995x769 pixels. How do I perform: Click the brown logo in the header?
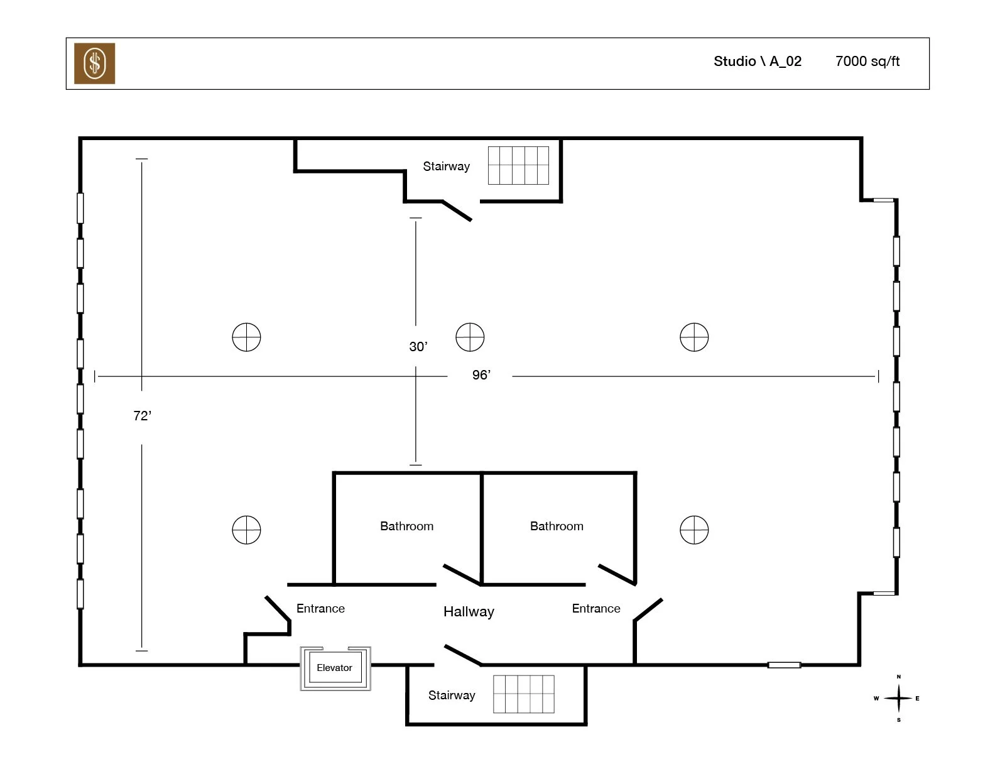(94, 63)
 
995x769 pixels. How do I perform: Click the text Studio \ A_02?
(757, 62)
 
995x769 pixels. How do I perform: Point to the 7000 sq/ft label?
(867, 62)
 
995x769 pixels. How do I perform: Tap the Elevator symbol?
(335, 668)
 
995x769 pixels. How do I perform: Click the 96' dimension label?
(481, 375)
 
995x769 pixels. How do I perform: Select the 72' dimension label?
(143, 416)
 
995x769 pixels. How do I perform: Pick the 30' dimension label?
(418, 347)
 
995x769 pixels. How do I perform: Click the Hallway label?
(469, 612)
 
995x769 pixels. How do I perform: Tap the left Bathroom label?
(406, 526)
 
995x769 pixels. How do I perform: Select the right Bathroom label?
(557, 526)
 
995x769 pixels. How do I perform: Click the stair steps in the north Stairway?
(518, 166)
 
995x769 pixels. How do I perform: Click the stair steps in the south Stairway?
(523, 694)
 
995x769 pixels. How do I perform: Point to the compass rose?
(898, 698)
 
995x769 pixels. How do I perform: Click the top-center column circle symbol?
(470, 337)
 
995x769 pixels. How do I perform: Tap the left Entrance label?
(320, 609)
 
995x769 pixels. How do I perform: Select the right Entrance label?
(595, 609)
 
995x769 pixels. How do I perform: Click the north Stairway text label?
(446, 166)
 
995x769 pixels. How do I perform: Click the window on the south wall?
(784, 665)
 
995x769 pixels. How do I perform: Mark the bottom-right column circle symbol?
(694, 530)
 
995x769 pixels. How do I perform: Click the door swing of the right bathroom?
(617, 574)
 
